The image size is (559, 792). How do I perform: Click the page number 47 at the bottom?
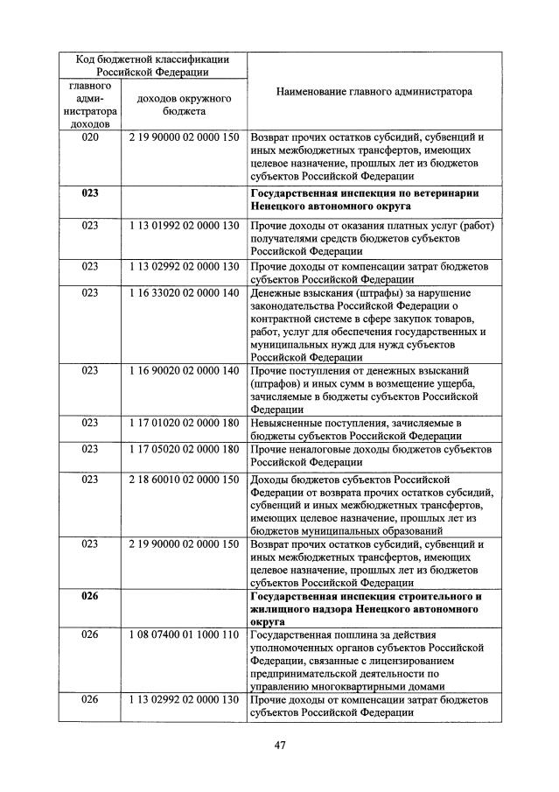click(281, 745)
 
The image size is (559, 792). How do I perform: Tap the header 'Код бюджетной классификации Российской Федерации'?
click(152, 66)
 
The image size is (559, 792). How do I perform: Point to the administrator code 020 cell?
click(90, 137)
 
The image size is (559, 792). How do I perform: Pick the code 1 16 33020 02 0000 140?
click(184, 292)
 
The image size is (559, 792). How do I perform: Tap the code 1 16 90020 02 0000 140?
click(184, 370)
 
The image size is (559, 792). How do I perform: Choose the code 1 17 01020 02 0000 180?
click(184, 423)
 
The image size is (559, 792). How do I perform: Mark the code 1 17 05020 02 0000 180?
click(184, 449)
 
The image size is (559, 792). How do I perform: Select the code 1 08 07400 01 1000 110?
click(184, 634)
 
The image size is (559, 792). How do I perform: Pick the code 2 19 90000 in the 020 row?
click(184, 137)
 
